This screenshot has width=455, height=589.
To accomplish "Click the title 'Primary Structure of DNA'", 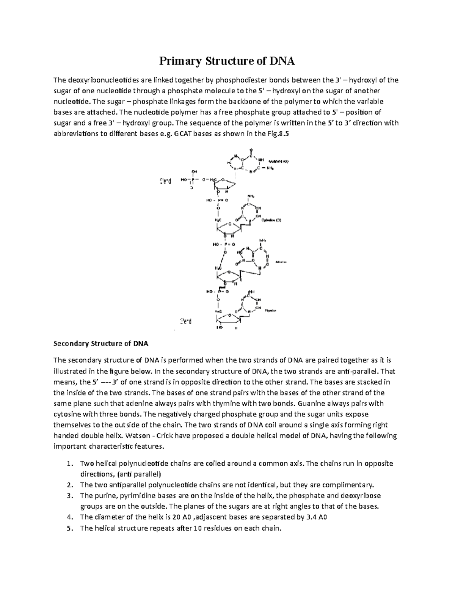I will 227,61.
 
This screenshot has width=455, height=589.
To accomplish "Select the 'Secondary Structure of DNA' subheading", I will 101,344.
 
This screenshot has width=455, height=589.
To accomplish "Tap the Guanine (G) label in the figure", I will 279,161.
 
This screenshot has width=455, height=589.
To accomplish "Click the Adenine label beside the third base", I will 281,262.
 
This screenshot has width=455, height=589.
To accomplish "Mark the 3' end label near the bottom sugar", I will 185,322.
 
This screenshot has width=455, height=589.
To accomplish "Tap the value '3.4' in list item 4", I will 311,517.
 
